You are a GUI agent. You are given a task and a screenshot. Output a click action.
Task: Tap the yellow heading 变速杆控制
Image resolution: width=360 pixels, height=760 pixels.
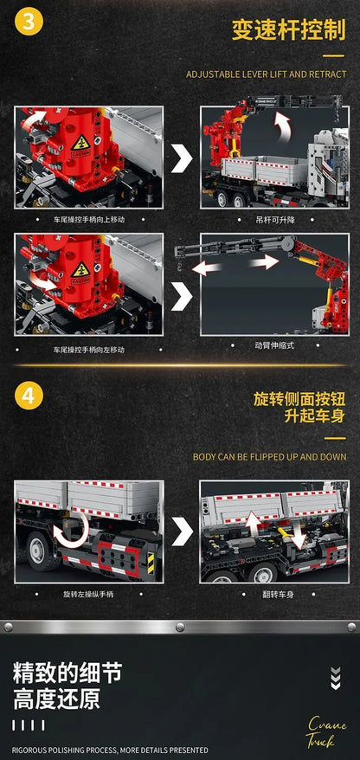click(x=289, y=29)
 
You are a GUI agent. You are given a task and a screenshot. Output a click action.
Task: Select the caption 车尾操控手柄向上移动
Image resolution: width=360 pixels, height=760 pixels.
click(x=88, y=220)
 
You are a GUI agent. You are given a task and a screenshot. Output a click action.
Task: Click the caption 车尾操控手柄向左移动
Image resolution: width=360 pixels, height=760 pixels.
click(x=88, y=350)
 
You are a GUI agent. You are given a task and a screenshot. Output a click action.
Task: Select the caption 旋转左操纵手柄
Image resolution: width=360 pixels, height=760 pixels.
click(x=88, y=594)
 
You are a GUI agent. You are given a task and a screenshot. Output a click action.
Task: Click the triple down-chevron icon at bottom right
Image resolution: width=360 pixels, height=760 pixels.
click(x=336, y=678)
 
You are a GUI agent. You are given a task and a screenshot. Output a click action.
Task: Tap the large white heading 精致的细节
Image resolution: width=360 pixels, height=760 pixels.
click(x=67, y=673)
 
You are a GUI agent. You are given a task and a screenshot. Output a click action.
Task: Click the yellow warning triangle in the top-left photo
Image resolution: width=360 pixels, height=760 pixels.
click(x=80, y=142)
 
